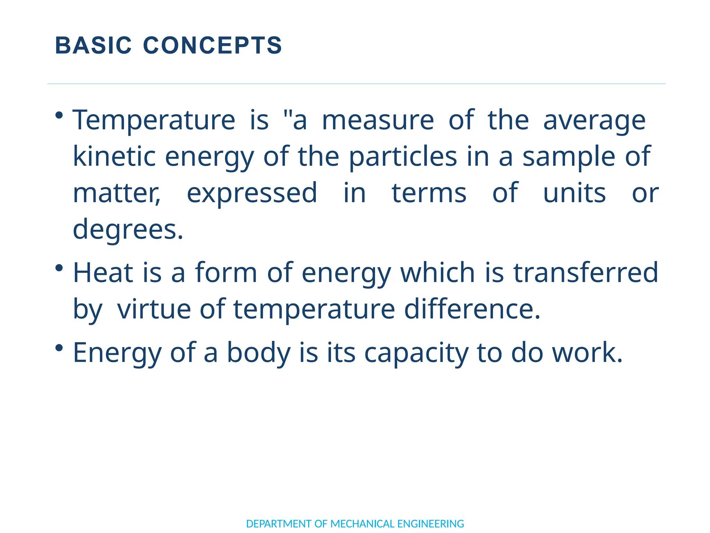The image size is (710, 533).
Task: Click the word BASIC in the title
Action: tap(93, 45)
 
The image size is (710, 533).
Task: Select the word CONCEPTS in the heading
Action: tap(213, 45)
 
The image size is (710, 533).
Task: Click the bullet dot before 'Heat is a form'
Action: tap(59, 268)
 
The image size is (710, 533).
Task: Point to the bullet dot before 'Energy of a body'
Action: tap(59, 347)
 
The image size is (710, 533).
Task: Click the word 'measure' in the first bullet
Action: tap(378, 120)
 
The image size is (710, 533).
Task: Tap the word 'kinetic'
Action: tap(114, 156)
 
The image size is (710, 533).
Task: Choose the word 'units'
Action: tap(574, 193)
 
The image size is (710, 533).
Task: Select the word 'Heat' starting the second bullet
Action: tap(103, 273)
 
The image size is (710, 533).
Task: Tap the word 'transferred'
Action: tap(586, 273)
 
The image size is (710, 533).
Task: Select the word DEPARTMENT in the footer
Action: tap(278, 524)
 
